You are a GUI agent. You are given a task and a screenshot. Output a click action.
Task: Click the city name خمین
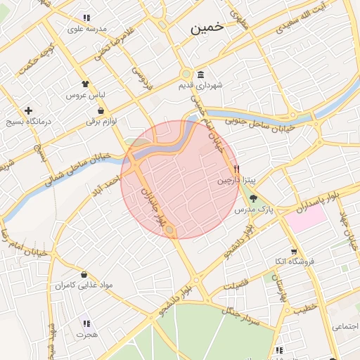click(207, 27)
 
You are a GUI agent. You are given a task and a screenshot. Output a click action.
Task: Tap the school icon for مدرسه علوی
click(86, 18)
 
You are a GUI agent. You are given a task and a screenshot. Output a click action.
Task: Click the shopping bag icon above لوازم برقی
click(102, 110)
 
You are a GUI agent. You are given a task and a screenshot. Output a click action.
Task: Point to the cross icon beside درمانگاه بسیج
click(28, 110)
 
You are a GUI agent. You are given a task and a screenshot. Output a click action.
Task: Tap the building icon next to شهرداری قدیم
click(201, 75)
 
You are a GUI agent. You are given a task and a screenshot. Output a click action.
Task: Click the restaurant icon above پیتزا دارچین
click(237, 169)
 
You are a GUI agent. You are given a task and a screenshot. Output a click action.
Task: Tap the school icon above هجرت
click(86, 323)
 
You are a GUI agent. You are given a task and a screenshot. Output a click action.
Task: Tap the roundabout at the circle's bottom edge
click(171, 229)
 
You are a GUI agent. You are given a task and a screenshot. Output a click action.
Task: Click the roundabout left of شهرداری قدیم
click(185, 75)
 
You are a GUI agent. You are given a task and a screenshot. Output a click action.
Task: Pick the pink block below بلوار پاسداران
click(306, 218)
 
